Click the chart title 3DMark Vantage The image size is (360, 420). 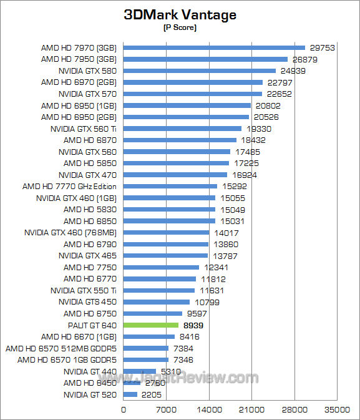pyautogui.click(x=180, y=15)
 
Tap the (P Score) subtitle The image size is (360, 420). pyautogui.click(x=180, y=27)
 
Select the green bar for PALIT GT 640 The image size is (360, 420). pyautogui.click(x=151, y=325)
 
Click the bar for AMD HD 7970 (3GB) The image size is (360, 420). pyautogui.click(x=214, y=47)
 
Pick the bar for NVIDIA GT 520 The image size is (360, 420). pyautogui.click(x=130, y=394)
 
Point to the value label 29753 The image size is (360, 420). pyautogui.click(x=322, y=47)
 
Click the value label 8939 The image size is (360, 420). pyautogui.click(x=193, y=325)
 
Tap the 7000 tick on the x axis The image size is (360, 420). pyautogui.click(x=166, y=409)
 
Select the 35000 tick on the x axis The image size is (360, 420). pyautogui.click(x=337, y=409)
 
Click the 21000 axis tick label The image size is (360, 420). pyautogui.click(x=251, y=409)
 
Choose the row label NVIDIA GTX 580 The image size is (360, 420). pyautogui.click(x=87, y=71)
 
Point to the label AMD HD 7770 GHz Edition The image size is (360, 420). pyautogui.click(x=69, y=187)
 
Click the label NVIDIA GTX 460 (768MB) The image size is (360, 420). pyautogui.click(x=71, y=233)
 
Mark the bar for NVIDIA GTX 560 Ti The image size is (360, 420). pyautogui.click(x=182, y=129)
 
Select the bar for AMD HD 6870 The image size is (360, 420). pyautogui.click(x=180, y=140)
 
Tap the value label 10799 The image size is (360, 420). pyautogui.click(x=207, y=302)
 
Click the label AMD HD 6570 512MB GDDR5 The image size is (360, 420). pyautogui.click(x=61, y=348)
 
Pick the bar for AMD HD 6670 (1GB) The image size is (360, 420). pyautogui.click(x=149, y=337)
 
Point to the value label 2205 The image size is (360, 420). pyautogui.click(x=152, y=394)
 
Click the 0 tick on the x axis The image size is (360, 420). pyautogui.click(x=123, y=409)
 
